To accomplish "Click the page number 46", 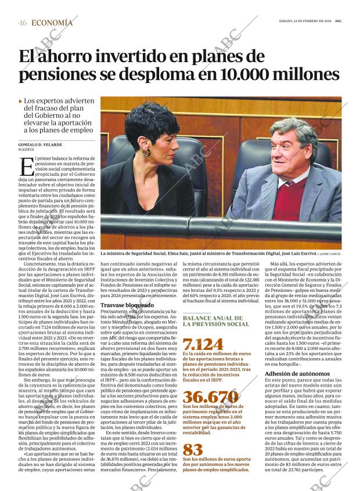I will click(x=23, y=23).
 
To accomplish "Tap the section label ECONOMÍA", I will click(x=52, y=23).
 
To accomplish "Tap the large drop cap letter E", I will click(x=26, y=167).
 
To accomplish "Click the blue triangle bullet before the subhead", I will click(x=21, y=101).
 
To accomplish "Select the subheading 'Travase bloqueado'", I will click(x=123, y=304).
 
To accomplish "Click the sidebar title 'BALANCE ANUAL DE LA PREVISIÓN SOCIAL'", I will click(x=213, y=321).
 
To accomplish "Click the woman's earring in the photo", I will click(x=147, y=153).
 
